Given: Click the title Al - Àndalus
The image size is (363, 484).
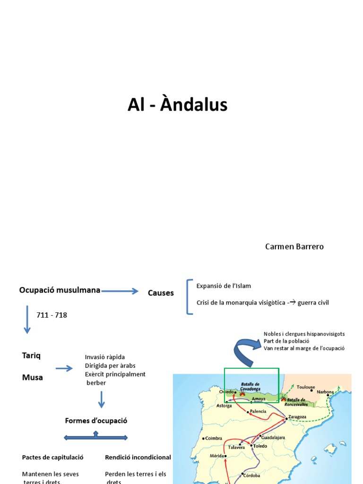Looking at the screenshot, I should point(177,105).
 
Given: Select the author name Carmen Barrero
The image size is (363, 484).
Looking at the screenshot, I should point(294,247).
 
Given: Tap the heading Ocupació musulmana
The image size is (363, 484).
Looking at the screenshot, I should point(60,290).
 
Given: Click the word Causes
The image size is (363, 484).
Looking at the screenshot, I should point(161,293).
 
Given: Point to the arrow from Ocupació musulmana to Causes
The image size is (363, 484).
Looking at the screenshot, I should point(120,291).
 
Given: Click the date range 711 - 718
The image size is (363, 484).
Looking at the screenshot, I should point(52,315).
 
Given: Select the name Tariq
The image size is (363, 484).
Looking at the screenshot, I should point(31,355).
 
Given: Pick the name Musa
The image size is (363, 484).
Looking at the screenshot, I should point(32,377).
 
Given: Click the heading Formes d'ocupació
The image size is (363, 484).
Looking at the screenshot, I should point(96,421).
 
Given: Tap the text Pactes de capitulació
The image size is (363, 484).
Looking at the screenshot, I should point(52,458).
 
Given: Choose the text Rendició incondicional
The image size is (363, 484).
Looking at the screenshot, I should point(138,458).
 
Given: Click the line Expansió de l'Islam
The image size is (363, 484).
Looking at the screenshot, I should point(224,286).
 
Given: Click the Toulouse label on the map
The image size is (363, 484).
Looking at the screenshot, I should point(305,387).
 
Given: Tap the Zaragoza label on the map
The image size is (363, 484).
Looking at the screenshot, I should point(297,417).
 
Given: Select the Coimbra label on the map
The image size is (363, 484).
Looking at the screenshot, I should point(214,438).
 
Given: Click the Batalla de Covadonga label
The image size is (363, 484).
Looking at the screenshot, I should point(253,386).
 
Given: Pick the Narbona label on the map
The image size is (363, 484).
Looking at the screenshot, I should point(325,392).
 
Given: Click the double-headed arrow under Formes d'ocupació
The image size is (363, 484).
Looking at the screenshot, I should point(96,438).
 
